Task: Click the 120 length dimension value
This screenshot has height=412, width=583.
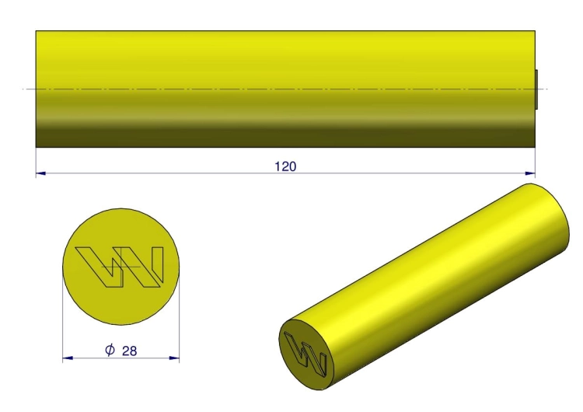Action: (285, 166)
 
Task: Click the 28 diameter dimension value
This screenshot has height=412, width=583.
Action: (129, 351)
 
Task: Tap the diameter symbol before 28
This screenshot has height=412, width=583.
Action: (110, 350)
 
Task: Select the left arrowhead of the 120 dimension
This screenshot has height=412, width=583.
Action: (40, 173)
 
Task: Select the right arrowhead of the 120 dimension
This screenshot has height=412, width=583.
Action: (530, 173)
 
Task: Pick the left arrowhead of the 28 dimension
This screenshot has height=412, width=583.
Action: (68, 358)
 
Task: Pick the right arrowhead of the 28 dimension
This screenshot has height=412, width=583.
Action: (174, 358)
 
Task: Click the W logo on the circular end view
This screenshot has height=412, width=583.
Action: (120, 267)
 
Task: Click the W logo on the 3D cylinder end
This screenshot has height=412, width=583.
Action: (305, 353)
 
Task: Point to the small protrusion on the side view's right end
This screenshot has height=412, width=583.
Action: (536, 89)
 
